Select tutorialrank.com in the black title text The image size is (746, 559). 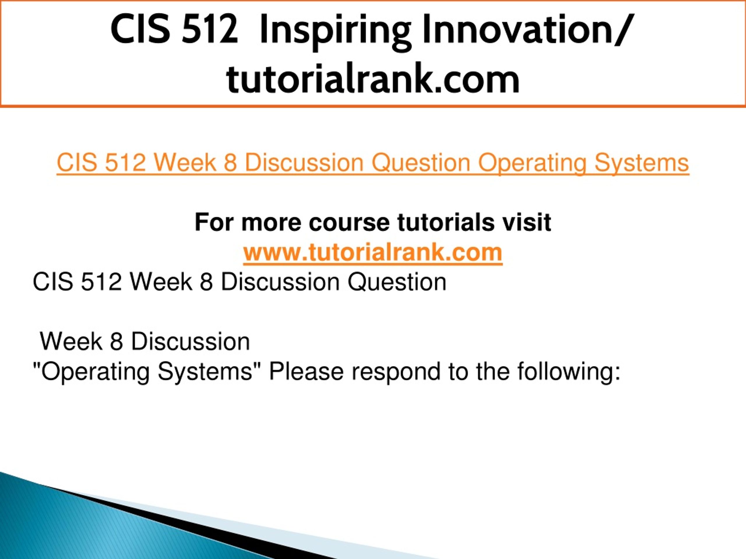coord(373,79)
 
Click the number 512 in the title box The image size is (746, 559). coord(210,29)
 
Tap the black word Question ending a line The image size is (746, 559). coord(397,282)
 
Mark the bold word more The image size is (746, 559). coord(271,223)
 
